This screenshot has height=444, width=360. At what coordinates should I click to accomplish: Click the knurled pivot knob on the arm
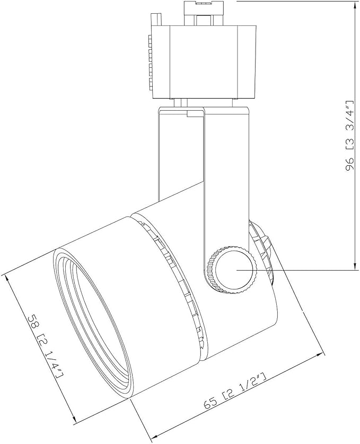pos(232,270)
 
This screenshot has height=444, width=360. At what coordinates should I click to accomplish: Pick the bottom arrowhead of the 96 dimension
pos(354,266)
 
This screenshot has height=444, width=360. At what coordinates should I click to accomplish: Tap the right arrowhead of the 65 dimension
pos(320,354)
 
